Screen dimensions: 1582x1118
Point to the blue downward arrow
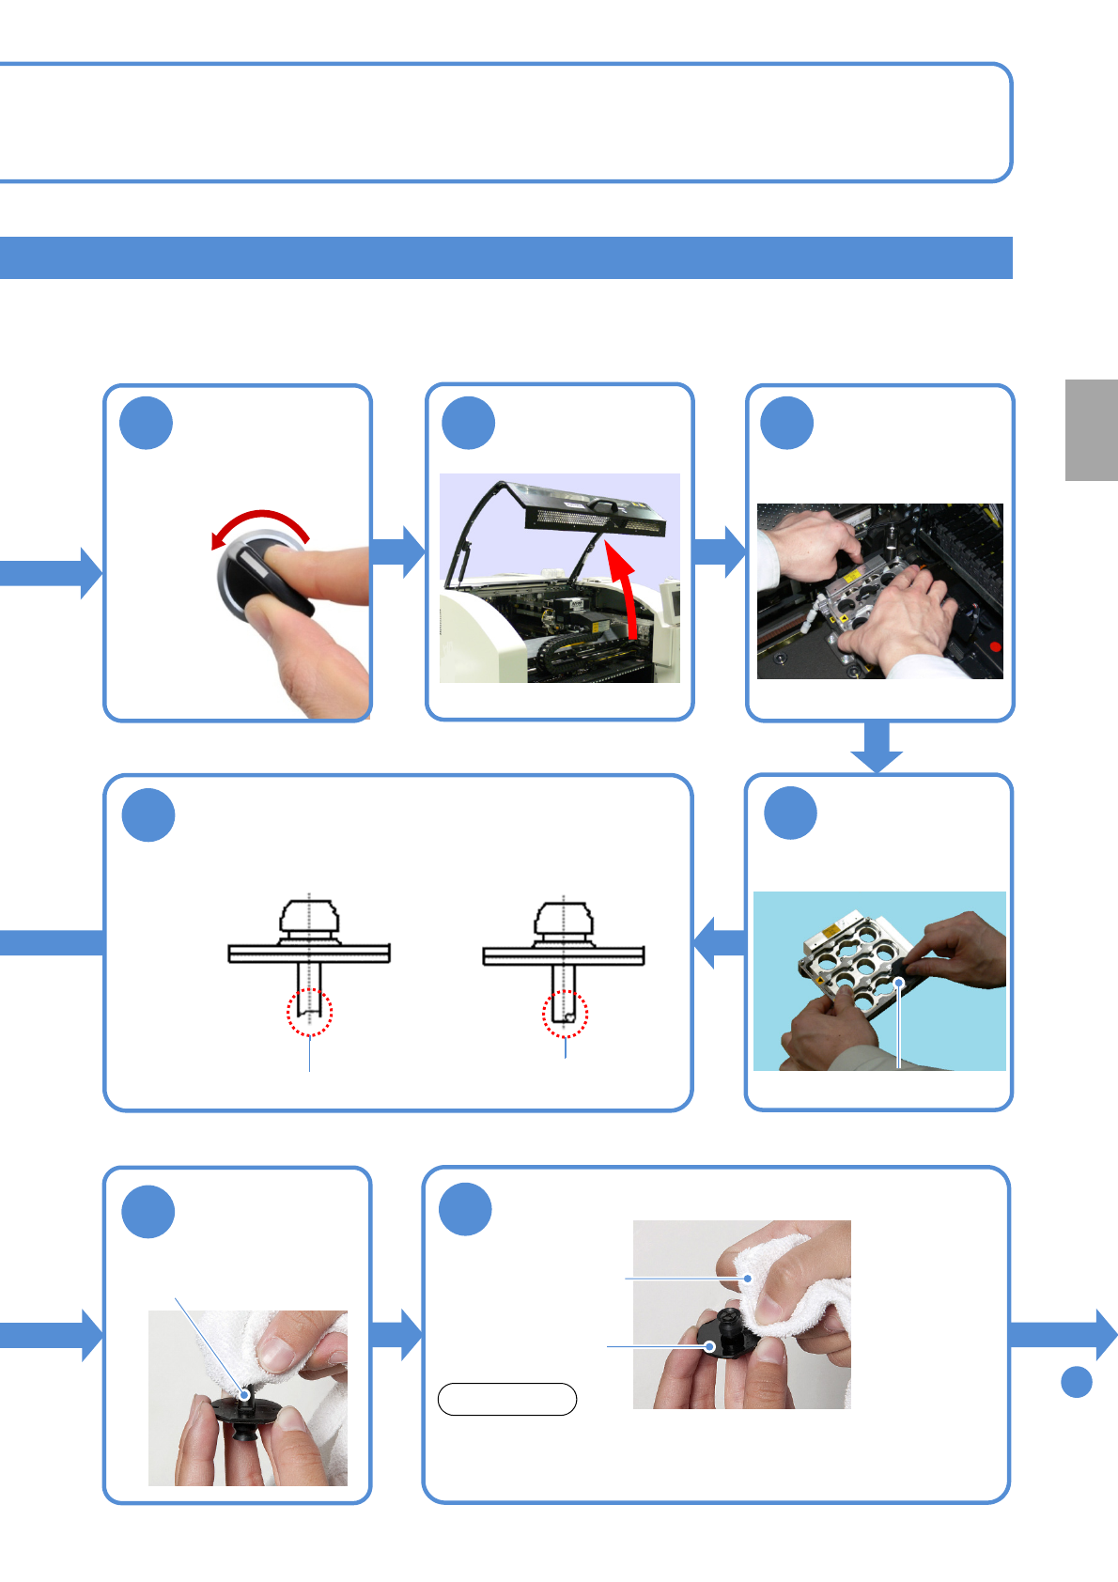click(877, 747)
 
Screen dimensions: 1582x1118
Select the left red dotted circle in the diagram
click(309, 1013)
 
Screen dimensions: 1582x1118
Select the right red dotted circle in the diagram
click(565, 1014)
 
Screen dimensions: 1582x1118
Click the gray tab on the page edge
click(1091, 430)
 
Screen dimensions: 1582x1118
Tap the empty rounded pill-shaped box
click(507, 1399)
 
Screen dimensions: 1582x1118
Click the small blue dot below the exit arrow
click(1077, 1382)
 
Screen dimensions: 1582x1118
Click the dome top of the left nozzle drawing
click(309, 915)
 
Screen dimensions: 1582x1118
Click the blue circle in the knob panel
click(147, 424)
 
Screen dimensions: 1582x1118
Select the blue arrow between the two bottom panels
click(397, 1335)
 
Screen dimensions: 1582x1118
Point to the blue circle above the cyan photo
click(790, 814)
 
